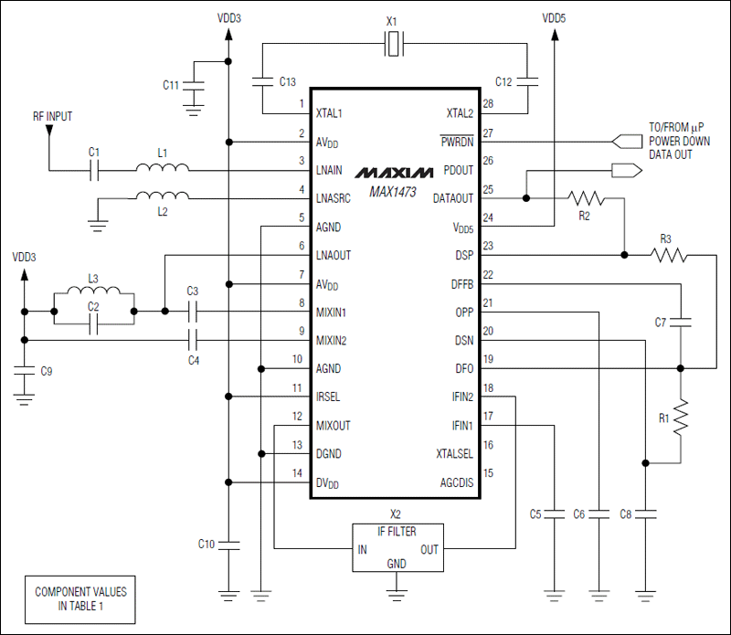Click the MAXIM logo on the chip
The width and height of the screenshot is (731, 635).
[394, 172]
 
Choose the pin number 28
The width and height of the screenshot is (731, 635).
[488, 104]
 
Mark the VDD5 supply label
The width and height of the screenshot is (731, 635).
[555, 17]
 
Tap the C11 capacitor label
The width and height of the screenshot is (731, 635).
[171, 85]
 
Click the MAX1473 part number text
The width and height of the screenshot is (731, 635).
[394, 192]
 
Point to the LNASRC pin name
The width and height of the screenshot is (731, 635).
[335, 199]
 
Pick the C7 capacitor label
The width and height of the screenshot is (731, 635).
[661, 322]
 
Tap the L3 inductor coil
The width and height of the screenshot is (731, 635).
[94, 293]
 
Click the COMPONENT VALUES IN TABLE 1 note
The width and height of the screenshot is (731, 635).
[80, 598]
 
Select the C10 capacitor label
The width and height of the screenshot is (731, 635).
[207, 545]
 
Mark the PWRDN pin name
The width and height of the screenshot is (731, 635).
[458, 143]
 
